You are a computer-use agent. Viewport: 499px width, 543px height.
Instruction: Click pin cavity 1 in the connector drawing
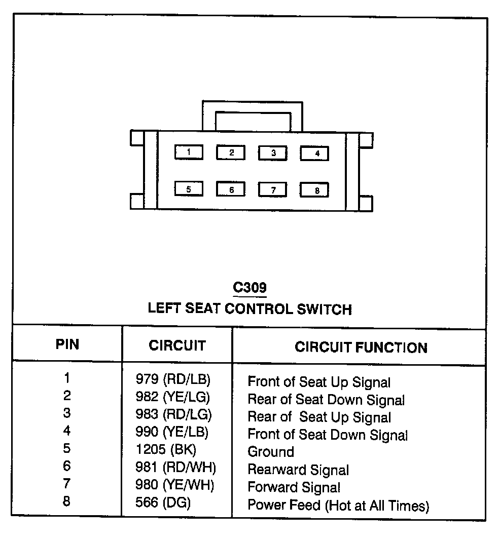(189, 152)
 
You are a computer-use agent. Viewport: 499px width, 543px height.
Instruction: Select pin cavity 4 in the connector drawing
(314, 153)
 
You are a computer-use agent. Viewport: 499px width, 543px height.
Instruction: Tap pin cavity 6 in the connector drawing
(231, 189)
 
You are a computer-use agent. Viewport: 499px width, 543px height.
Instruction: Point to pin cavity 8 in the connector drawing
(314, 190)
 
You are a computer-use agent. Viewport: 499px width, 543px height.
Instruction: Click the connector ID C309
(249, 288)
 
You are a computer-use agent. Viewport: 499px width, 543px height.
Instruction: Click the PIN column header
(67, 345)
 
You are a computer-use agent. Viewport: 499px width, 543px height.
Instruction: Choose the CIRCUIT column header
(177, 345)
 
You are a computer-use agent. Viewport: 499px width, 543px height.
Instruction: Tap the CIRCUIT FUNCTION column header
(361, 347)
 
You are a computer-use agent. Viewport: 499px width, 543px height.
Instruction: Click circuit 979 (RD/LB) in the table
(172, 379)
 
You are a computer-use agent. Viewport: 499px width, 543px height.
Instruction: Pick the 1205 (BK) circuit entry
(165, 449)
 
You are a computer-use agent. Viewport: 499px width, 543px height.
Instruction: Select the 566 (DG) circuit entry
(163, 503)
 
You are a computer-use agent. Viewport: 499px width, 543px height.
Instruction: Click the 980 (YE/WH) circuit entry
(174, 485)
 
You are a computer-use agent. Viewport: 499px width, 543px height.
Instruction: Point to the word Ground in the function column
(270, 452)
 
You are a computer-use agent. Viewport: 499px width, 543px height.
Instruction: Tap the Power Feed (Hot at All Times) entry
(338, 506)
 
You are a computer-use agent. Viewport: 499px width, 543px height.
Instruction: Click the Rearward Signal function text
(298, 470)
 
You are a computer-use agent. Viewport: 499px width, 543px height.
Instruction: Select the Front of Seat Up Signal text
(318, 382)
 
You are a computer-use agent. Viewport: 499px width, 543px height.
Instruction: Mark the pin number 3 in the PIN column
(67, 413)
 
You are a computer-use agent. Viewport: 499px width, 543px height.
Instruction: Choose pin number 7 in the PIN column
(67, 484)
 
